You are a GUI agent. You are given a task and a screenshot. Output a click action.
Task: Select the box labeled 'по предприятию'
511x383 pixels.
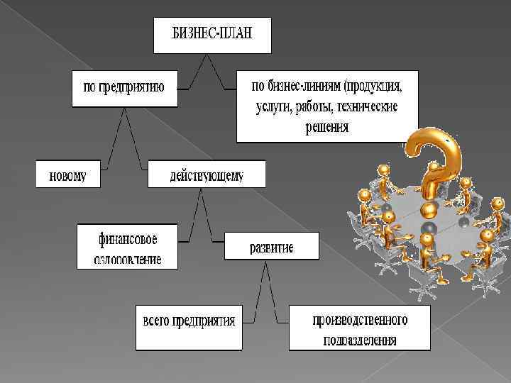click(x=124, y=88)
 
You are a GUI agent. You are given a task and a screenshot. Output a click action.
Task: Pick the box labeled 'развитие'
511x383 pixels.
click(x=271, y=248)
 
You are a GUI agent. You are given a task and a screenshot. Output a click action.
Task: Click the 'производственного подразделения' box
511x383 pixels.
click(x=359, y=328)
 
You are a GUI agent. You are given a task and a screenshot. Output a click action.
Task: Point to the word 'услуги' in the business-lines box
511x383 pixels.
click(x=273, y=108)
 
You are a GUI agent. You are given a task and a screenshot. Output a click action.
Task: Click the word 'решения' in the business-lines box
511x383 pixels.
click(x=327, y=128)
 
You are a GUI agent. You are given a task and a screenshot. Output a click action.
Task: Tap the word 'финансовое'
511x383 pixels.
click(x=128, y=237)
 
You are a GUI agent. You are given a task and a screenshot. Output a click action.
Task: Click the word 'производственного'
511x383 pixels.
click(x=360, y=319)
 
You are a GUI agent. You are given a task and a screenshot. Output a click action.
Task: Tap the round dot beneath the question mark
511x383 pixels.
click(x=429, y=210)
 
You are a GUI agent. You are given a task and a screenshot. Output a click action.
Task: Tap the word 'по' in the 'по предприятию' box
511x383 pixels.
click(x=89, y=88)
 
